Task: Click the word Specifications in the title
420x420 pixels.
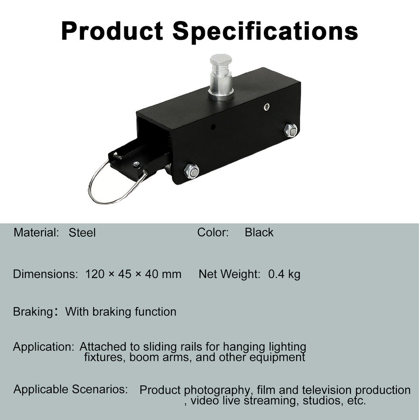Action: [265, 31]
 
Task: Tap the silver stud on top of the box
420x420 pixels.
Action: [221, 77]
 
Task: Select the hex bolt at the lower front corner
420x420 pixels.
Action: [192, 171]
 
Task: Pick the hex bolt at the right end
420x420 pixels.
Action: [290, 130]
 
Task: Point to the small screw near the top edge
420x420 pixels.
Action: [266, 107]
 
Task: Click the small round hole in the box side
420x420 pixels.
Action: [213, 127]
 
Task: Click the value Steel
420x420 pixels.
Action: [82, 232]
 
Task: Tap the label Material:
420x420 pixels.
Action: [36, 232]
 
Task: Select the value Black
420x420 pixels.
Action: [259, 232]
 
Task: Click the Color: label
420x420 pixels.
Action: [213, 232]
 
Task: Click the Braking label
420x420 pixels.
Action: [33, 312]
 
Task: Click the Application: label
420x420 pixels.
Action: [43, 347]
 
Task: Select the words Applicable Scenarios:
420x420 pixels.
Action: [71, 389]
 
